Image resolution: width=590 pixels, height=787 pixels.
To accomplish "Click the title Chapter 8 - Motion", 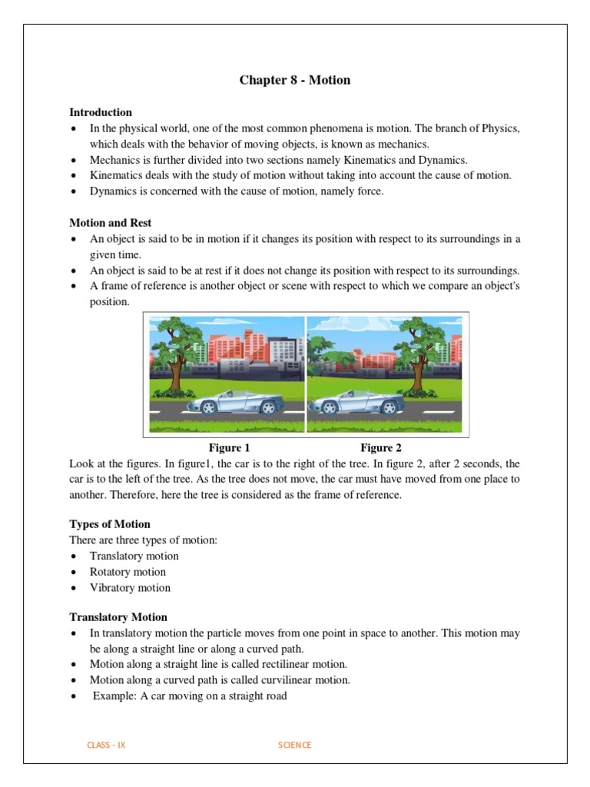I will click(x=295, y=80).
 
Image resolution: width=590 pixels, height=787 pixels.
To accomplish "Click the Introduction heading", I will click(x=101, y=112).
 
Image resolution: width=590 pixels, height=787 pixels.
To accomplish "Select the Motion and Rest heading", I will click(x=111, y=223).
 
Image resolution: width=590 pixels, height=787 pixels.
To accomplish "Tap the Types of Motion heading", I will click(x=110, y=524).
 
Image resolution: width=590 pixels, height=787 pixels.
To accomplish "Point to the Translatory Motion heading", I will click(x=118, y=617).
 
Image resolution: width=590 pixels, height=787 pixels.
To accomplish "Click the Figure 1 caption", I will click(x=230, y=448).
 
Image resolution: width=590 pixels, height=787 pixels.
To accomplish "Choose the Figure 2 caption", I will click(x=381, y=448).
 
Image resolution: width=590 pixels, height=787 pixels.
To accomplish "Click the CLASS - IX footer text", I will click(x=107, y=745).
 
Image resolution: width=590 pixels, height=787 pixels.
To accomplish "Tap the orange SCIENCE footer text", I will click(x=295, y=745).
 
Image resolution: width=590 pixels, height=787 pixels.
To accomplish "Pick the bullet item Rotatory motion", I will click(x=128, y=572).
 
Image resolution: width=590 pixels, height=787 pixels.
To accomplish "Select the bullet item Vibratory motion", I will click(x=130, y=588).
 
